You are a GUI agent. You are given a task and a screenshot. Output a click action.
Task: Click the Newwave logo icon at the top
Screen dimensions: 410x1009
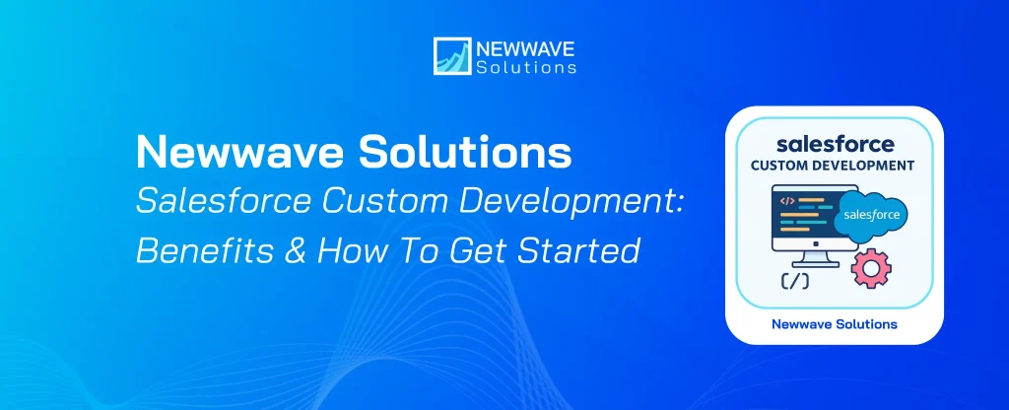[450, 56]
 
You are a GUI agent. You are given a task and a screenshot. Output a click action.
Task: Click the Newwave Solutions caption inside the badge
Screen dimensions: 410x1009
[836, 323]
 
